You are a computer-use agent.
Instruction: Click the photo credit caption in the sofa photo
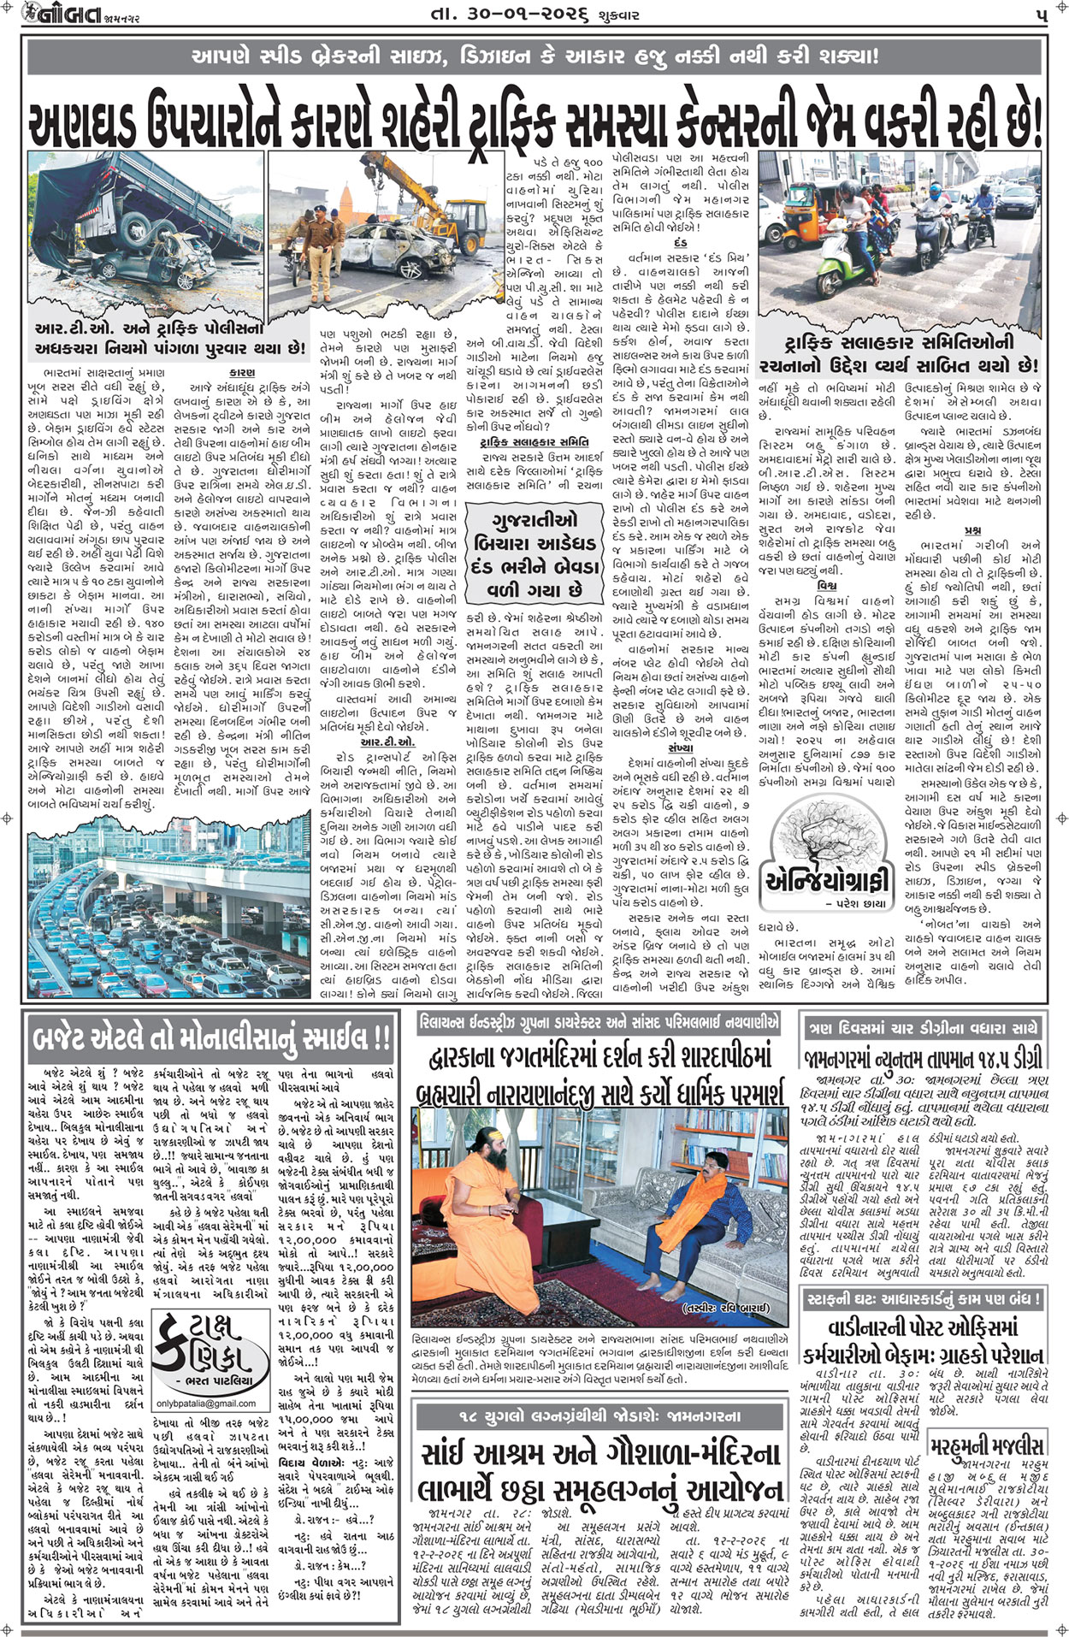coord(726,1309)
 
